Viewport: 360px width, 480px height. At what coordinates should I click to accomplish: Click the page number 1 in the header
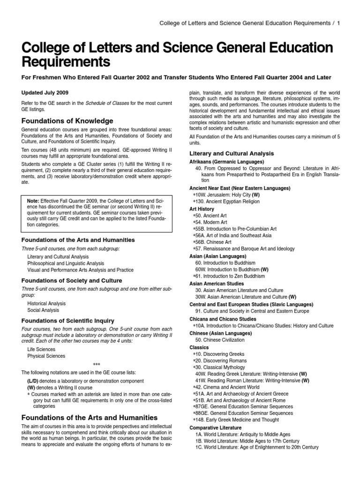[338, 22]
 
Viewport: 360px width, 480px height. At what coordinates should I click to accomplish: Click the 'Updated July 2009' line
[45, 92]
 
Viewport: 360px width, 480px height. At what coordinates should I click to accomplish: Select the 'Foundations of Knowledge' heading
[67, 120]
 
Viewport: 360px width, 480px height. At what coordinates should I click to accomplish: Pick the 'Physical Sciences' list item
[46, 356]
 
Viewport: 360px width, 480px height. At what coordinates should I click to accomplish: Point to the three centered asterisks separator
[97, 364]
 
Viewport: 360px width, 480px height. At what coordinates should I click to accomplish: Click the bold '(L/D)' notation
[34, 380]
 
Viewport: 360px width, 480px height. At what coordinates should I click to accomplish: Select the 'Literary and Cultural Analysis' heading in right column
[232, 154]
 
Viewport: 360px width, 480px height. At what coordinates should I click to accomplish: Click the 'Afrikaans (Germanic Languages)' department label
[226, 161]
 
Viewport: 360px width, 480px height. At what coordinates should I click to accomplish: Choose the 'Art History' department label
[202, 209]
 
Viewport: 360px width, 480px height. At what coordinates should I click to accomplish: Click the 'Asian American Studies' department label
[217, 283]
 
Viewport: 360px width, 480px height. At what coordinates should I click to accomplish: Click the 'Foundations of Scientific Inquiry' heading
[67, 321]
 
